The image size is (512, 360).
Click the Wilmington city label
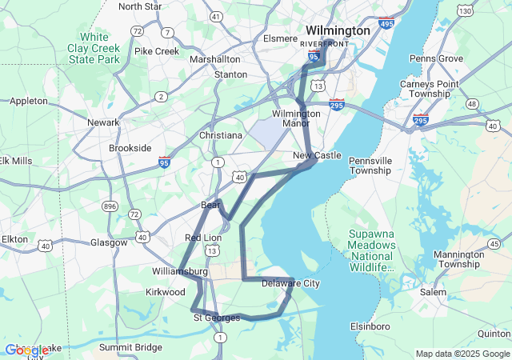[x=338, y=30]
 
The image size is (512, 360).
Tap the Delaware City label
[x=290, y=284]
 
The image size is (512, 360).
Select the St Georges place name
[x=217, y=318]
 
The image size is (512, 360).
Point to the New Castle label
[x=317, y=155]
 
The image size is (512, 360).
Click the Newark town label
[x=103, y=122]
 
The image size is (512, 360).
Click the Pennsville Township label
[x=370, y=165]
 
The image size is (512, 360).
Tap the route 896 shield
[x=110, y=206]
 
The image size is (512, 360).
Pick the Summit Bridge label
[x=130, y=347]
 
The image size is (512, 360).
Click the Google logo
[x=26, y=350]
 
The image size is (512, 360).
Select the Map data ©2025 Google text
[x=462, y=354]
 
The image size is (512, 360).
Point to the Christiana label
[x=220, y=135]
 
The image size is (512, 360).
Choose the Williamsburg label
[x=179, y=272]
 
